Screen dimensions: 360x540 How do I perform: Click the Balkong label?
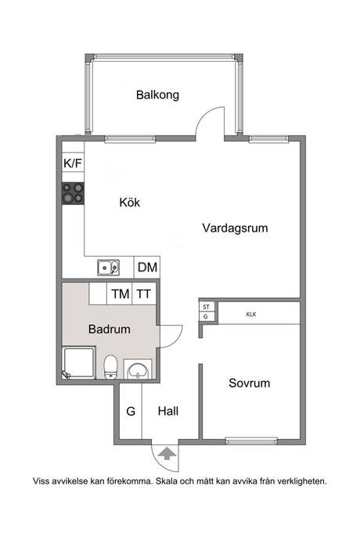[157, 95]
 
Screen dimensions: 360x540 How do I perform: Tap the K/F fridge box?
[73, 162]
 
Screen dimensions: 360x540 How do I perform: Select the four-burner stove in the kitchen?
[73, 193]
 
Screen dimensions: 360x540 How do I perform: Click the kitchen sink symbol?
[108, 268]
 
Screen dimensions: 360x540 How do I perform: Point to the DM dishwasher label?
[147, 267]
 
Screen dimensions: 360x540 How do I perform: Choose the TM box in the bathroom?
[120, 293]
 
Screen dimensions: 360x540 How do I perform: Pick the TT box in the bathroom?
[144, 293]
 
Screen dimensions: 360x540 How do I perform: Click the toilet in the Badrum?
[110, 367]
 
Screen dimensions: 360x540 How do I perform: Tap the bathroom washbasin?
[138, 369]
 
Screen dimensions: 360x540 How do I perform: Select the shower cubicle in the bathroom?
[79, 363]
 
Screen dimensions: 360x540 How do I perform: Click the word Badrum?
[110, 329]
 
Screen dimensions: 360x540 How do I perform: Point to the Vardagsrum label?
[235, 228]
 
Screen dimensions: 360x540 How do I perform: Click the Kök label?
[130, 202]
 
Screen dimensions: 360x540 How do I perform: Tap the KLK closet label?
[251, 315]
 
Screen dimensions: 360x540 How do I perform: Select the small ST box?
[206, 307]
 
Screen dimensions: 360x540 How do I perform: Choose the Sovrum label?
[249, 383]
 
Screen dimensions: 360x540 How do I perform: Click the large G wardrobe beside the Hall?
[131, 411]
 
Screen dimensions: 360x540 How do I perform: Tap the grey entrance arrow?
[167, 453]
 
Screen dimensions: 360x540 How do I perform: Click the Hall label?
[168, 411]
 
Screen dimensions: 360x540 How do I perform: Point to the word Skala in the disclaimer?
[167, 481]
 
